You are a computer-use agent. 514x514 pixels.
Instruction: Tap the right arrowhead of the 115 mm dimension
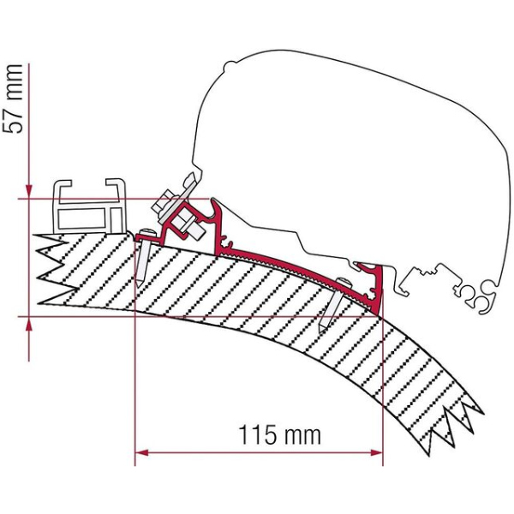377,451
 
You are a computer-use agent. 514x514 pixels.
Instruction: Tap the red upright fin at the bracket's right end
376,283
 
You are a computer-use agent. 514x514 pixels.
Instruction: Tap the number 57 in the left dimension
14,111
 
